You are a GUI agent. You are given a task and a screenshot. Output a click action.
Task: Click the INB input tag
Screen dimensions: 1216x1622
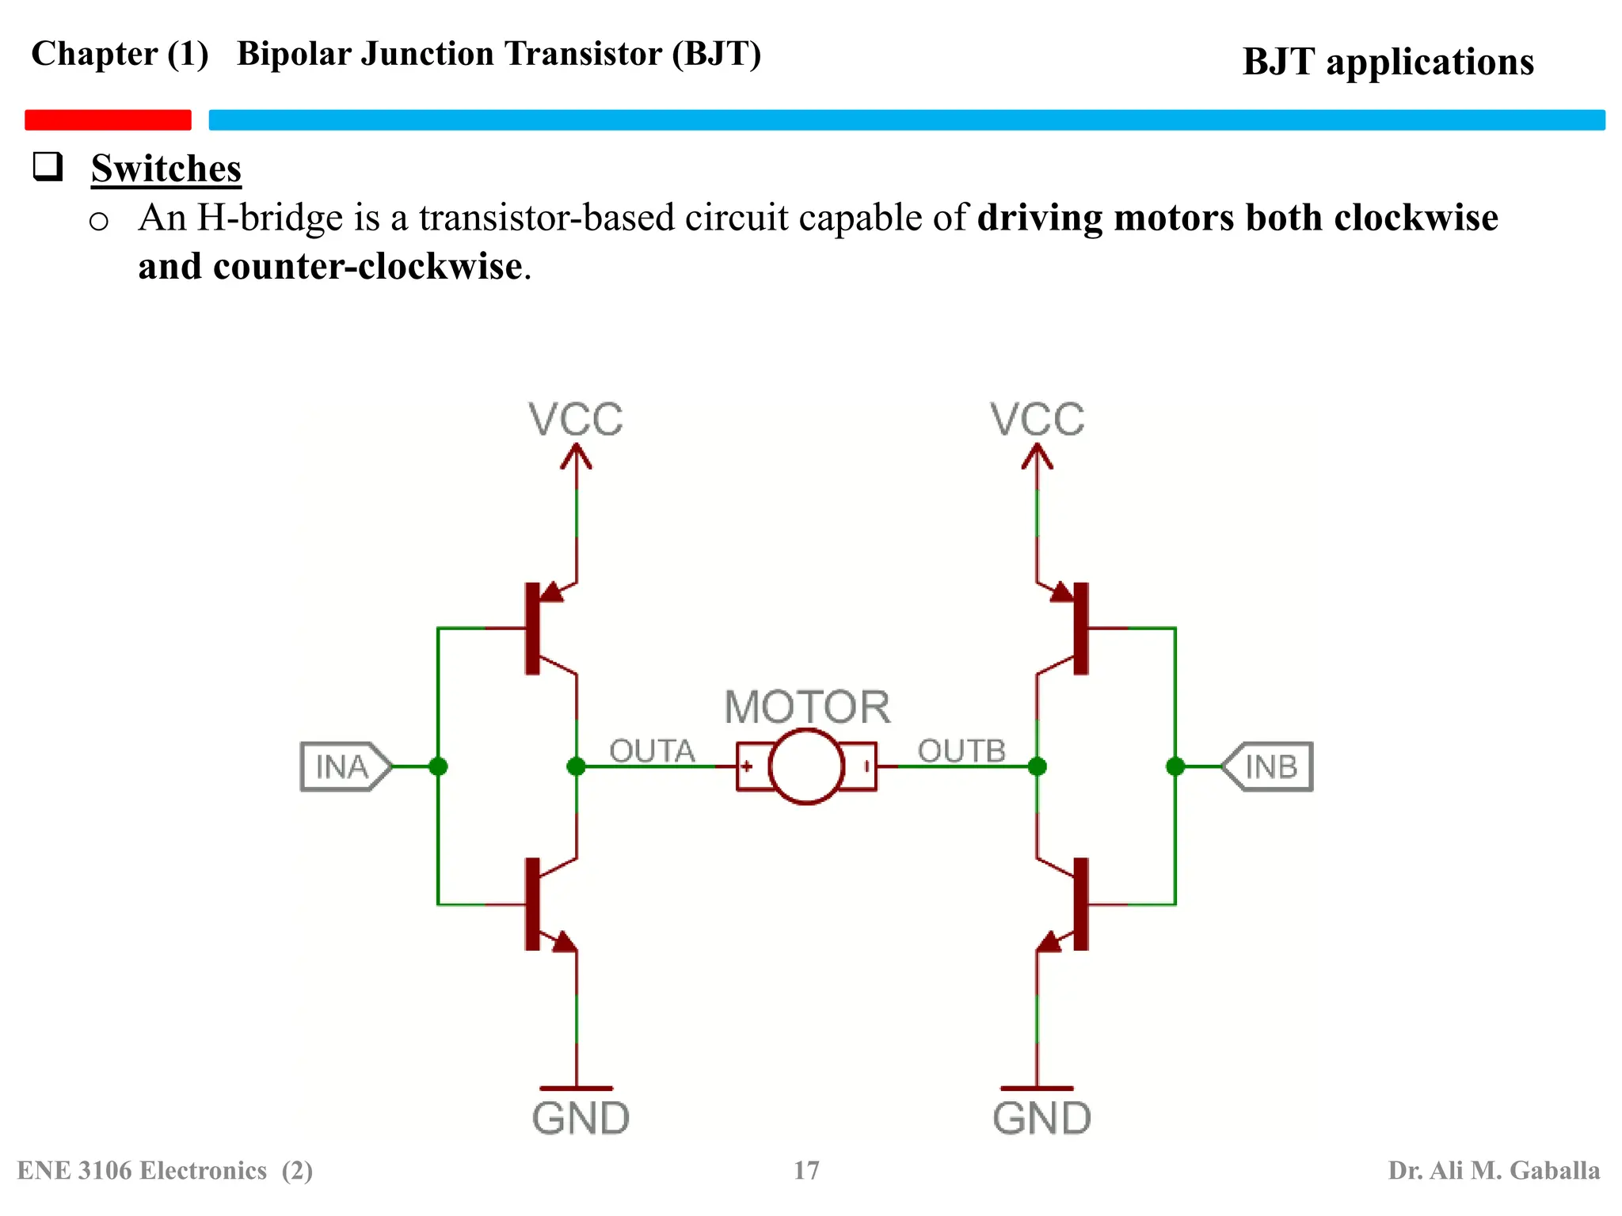1269,766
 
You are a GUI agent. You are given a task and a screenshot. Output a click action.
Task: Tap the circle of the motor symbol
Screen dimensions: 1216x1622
806,766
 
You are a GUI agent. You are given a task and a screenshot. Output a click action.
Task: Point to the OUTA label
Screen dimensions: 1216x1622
652,750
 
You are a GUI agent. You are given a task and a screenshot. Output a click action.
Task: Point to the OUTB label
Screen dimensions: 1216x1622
961,750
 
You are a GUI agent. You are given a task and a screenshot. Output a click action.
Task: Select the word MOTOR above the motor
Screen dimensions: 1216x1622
807,707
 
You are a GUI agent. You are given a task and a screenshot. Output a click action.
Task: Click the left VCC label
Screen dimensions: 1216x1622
576,420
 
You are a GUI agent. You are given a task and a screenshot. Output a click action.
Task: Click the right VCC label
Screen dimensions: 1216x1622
1037,420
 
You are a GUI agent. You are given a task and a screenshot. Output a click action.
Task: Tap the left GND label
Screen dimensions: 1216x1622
581,1119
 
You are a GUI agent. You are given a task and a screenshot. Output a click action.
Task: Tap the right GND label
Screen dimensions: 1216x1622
1041,1119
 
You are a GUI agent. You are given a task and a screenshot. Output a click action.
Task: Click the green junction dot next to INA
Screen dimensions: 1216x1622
438,766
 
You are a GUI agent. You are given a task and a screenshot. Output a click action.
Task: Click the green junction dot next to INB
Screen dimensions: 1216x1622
1175,766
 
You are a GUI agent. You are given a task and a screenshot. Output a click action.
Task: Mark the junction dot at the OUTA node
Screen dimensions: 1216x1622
577,766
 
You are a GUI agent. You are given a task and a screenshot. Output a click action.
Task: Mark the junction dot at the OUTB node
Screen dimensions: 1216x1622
1037,766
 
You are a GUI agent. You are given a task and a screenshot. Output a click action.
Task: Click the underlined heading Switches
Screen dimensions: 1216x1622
166,169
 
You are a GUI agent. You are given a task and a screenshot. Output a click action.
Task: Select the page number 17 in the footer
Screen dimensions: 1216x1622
806,1170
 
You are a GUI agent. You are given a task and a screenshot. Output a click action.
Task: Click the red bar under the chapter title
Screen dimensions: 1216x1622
108,120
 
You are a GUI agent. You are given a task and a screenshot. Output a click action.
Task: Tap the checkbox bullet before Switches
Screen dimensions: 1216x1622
48,166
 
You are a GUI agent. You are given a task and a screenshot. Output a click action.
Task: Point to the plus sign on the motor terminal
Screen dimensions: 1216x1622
746,766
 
